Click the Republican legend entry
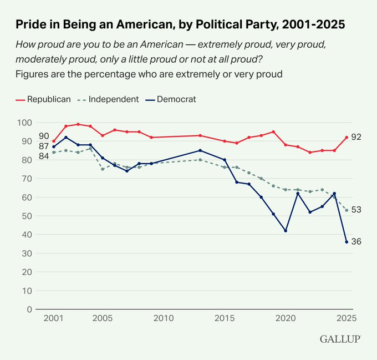point(44,99)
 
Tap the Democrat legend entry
point(172,99)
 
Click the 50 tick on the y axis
point(26,216)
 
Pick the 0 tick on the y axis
point(28,310)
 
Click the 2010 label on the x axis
point(164,318)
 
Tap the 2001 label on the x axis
point(54,318)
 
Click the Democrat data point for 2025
point(347,242)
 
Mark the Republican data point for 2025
point(347,137)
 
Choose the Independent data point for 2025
point(347,210)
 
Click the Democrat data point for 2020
point(286,231)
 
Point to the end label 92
point(356,137)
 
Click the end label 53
point(356,210)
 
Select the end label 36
point(356,242)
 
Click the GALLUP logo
point(340,338)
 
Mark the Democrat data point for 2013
point(200,150)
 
